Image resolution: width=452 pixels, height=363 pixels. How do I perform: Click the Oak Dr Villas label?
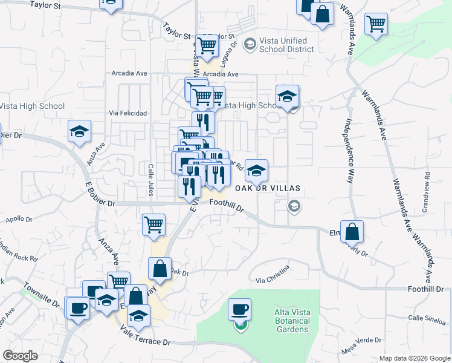(x=263, y=188)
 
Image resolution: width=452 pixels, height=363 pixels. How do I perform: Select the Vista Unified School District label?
(x=280, y=45)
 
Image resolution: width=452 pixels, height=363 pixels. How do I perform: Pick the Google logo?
(x=20, y=356)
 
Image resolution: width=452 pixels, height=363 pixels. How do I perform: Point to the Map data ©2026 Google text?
(x=414, y=358)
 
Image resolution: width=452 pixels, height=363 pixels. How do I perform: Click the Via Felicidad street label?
(x=128, y=113)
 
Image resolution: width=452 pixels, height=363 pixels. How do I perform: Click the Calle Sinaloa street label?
(x=426, y=317)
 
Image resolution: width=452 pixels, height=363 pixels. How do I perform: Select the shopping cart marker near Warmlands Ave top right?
(x=376, y=25)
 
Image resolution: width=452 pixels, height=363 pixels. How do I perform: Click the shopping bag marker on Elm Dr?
(x=352, y=232)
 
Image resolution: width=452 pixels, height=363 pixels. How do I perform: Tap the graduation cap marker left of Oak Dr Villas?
(x=256, y=172)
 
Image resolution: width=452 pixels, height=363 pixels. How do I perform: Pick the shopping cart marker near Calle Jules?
(x=153, y=224)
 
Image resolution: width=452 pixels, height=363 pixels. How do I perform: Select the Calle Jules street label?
(x=150, y=179)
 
